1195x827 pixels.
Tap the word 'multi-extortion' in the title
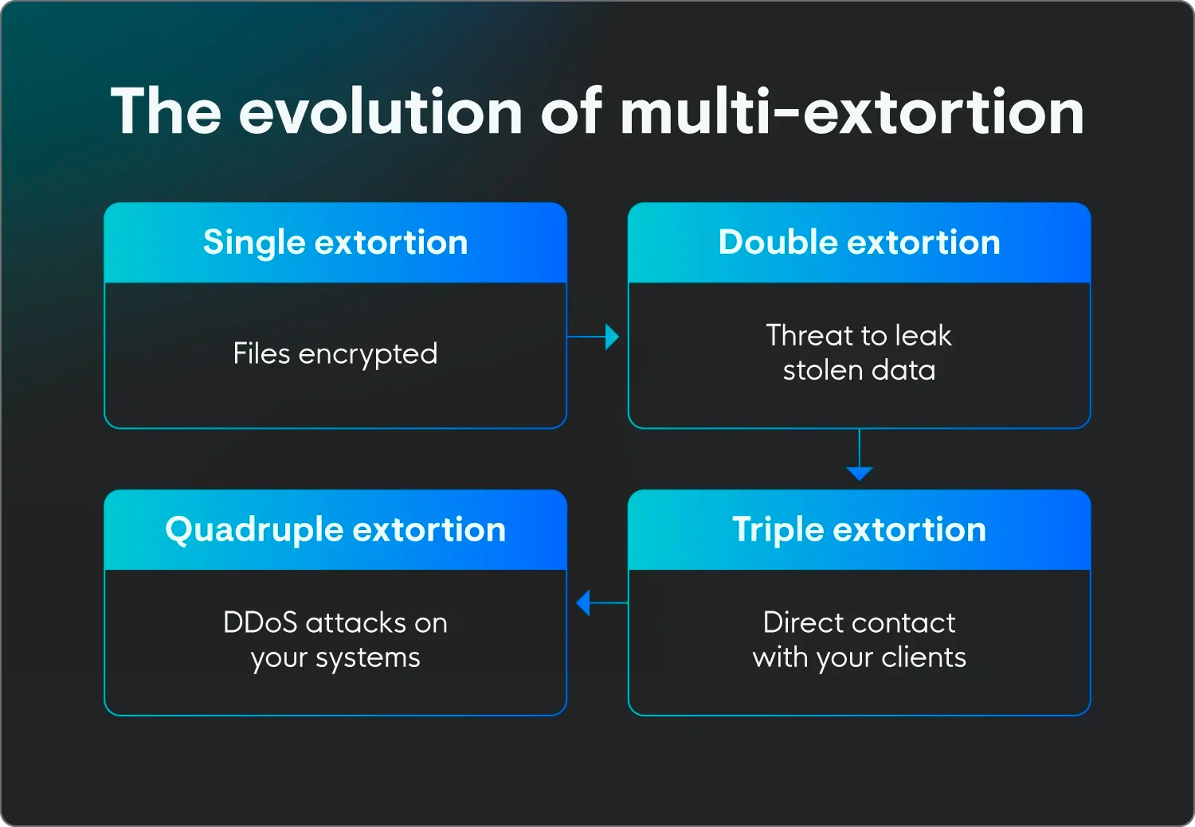[852, 111]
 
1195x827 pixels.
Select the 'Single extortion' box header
[335, 243]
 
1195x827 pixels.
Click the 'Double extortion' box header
[859, 243]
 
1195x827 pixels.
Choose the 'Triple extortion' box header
[859, 530]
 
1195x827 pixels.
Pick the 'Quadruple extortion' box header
[335, 530]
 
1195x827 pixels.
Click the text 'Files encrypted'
[335, 353]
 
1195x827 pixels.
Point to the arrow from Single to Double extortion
[594, 337]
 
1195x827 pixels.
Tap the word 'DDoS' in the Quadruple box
[261, 622]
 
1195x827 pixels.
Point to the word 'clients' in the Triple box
[924, 657]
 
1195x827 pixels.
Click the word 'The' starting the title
[166, 111]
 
